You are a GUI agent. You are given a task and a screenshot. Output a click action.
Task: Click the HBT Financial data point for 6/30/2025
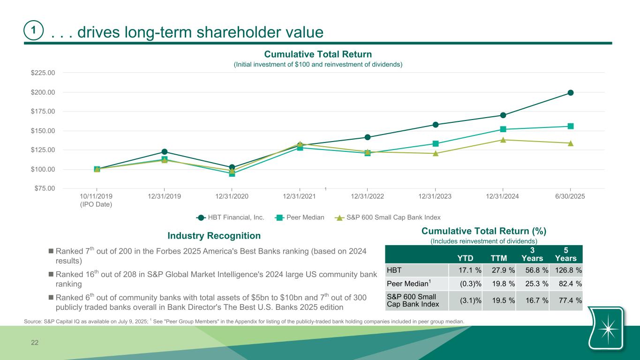point(571,93)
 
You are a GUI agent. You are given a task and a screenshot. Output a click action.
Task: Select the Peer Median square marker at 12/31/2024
point(503,129)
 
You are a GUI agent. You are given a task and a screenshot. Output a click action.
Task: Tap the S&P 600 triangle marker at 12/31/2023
point(436,153)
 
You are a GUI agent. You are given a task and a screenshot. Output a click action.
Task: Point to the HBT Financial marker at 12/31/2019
point(165,152)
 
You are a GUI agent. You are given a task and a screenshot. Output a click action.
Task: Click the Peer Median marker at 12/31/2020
point(232,173)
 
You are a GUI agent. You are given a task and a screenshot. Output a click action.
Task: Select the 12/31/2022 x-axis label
point(368,196)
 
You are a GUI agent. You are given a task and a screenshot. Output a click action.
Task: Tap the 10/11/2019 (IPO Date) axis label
point(97,200)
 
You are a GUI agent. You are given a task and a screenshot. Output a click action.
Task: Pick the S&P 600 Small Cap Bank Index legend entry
point(393,217)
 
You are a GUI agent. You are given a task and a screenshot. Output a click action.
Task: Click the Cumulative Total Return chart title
point(318,55)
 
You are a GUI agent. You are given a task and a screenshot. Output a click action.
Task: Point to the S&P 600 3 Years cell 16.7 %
point(533,301)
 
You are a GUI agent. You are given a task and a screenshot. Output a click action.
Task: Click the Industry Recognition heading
point(214,235)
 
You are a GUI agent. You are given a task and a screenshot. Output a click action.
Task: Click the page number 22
point(34,343)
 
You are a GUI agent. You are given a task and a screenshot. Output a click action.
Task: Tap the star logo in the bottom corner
point(608,329)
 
